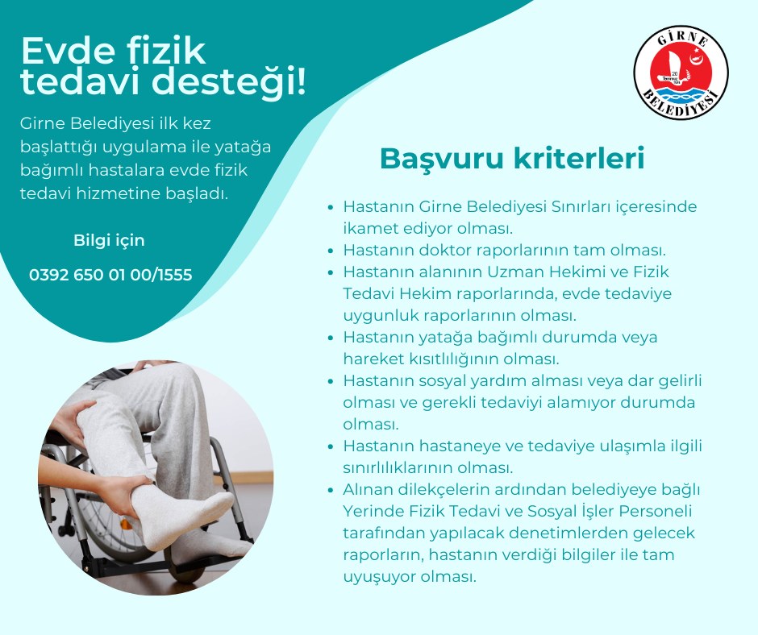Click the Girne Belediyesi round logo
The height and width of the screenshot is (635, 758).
[x=681, y=73]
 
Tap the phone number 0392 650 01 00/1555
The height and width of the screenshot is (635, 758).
[x=110, y=275]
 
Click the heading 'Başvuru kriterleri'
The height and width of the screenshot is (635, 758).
[x=512, y=158]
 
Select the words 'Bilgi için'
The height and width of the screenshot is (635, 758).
[x=109, y=240]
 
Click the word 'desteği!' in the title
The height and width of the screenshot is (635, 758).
[x=229, y=81]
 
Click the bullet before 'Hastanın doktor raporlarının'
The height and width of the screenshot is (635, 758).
[x=331, y=251]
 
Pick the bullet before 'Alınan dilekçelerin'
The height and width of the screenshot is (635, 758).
[x=331, y=490]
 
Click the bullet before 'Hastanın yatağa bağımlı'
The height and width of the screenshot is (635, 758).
[x=331, y=338]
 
